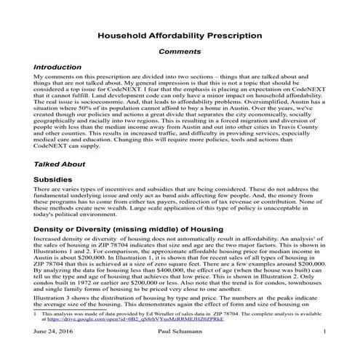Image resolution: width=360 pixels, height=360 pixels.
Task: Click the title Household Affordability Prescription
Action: tap(180, 34)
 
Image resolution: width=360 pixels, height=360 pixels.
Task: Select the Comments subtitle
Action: tap(180, 52)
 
